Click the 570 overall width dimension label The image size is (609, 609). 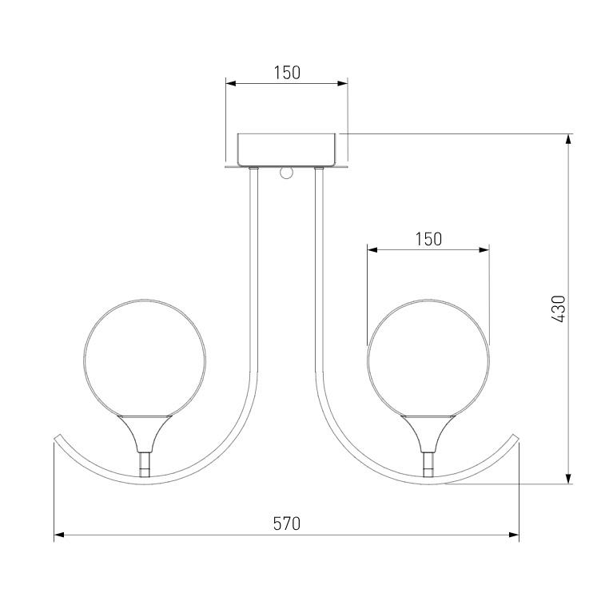click(x=287, y=523)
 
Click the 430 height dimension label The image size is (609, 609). click(x=559, y=308)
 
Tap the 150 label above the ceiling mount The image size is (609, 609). click(x=287, y=73)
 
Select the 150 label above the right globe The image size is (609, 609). click(x=428, y=239)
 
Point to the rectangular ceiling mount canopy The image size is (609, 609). click(x=287, y=150)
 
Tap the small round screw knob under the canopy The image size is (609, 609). click(x=286, y=173)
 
